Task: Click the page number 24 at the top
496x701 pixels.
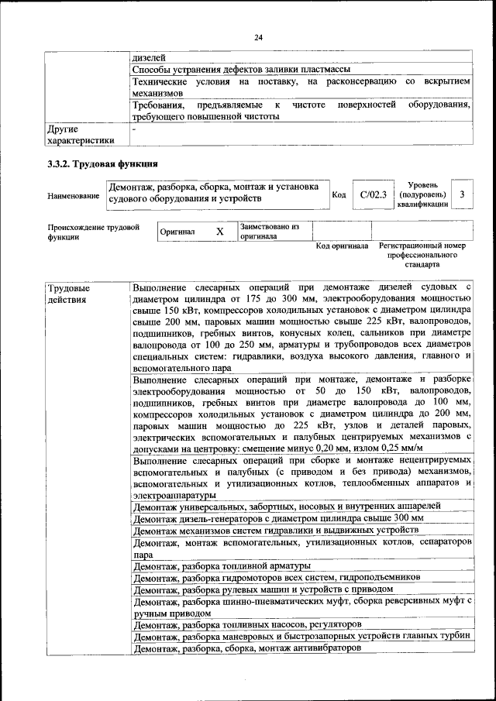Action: (x=258, y=37)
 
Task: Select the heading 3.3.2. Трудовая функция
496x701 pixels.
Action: (x=103, y=164)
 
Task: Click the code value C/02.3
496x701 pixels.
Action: (x=373, y=195)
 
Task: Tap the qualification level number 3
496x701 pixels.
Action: (x=462, y=195)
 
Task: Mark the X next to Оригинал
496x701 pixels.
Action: (x=219, y=232)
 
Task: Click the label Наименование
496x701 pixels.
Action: (x=74, y=196)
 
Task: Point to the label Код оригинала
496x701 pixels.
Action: (x=342, y=246)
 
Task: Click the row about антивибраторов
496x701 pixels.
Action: (x=247, y=647)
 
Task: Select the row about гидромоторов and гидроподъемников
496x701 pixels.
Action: (x=277, y=578)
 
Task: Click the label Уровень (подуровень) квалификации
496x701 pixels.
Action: (x=422, y=195)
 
